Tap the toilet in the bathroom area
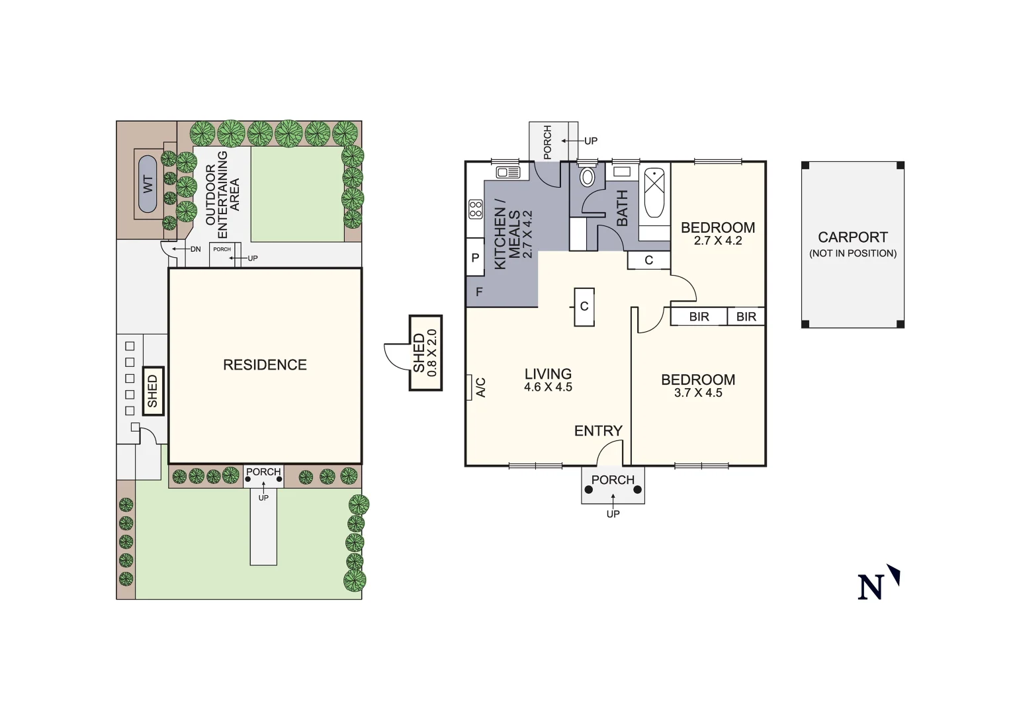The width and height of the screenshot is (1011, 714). pos(587,177)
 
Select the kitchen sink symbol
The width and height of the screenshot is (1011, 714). pos(508,173)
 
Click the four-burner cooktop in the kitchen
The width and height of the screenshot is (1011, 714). pos(476,210)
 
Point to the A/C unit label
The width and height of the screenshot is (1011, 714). pos(481,387)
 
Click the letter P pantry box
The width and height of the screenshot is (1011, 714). pos(475,258)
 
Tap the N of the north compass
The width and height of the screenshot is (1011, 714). pos(871,587)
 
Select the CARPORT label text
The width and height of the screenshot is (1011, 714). pos(852,237)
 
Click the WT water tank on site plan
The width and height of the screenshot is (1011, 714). pos(148,184)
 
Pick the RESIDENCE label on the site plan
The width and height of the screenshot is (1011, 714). pos(265,365)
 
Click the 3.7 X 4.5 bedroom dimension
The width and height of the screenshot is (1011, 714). pos(698,393)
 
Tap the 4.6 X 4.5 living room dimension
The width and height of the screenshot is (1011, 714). pos(548,387)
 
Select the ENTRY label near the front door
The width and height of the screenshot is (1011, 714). pos(598,431)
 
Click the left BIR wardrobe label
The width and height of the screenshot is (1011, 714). pos(699,317)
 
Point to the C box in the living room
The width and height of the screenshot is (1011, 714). pos(584,307)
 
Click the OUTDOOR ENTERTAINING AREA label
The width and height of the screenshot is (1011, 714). pos(222,194)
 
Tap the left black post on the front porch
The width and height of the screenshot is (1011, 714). pos(589,490)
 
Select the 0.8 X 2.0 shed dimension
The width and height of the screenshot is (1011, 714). pos(433,353)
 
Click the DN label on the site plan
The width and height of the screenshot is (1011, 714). pos(195,249)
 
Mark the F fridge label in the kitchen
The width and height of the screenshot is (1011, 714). pos(479,292)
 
